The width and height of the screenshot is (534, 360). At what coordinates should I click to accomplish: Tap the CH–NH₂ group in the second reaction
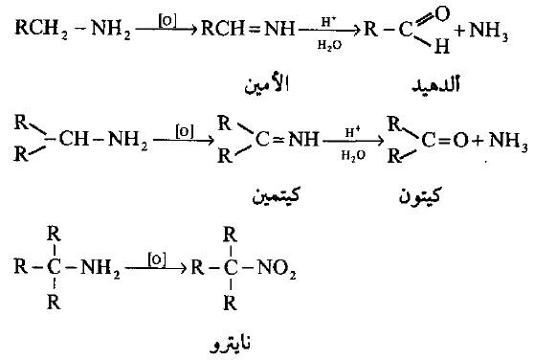pyautogui.click(x=95, y=140)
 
